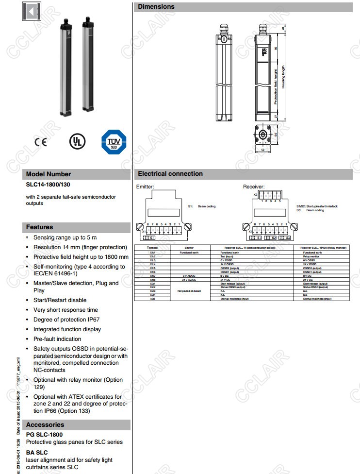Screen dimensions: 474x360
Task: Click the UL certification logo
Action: [x=77, y=141]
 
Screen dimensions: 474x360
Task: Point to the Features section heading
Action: [x=39, y=227]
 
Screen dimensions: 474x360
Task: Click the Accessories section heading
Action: [x=45, y=424]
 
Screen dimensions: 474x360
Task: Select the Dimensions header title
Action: [x=156, y=7]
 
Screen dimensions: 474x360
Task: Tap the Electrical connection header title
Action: [x=170, y=173]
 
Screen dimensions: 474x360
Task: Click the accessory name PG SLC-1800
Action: [x=44, y=434]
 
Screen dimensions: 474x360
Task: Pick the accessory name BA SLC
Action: [x=37, y=452]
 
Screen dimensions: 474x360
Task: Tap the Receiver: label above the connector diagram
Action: [x=254, y=186]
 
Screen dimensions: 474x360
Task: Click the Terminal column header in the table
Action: [x=152, y=248]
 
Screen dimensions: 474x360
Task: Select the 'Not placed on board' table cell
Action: [x=190, y=291]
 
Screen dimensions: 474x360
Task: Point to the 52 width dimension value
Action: [x=263, y=151]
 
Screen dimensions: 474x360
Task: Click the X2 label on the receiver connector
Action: [x=255, y=194]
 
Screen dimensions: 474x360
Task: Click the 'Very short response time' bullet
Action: [x=65, y=310]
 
